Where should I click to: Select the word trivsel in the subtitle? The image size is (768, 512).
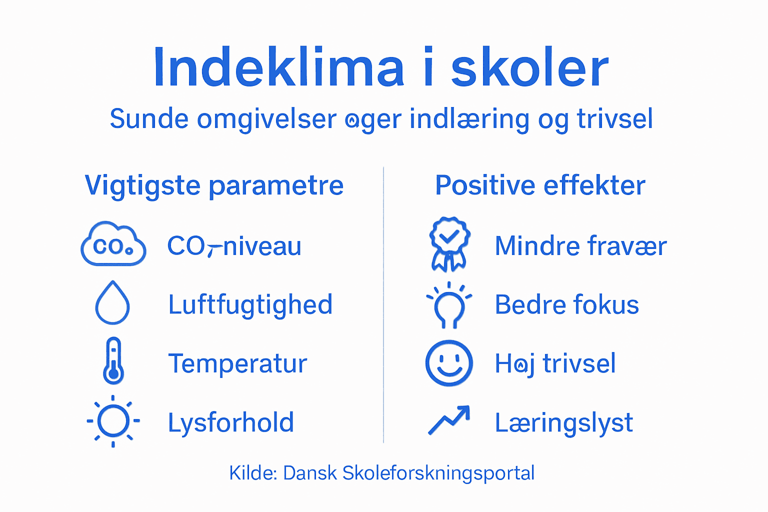tap(614, 119)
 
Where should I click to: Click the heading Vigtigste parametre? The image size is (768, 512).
tap(214, 185)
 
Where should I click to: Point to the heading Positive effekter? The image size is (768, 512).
tap(540, 185)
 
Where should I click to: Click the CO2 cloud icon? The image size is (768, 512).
tap(113, 244)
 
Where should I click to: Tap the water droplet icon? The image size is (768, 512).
tap(112, 303)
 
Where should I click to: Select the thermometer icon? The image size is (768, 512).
tap(113, 361)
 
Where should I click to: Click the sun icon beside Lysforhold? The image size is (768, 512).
tap(113, 421)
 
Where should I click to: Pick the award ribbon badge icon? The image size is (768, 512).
tap(449, 244)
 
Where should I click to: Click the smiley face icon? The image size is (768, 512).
tap(449, 363)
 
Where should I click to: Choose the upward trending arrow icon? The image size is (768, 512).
tap(449, 420)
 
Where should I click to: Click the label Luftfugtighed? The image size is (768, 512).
tap(250, 304)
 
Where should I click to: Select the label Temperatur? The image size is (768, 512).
tap(237, 363)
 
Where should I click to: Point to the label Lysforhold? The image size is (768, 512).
tap(230, 422)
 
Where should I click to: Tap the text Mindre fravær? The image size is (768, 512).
tap(580, 246)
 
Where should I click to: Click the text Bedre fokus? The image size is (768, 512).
tap(566, 304)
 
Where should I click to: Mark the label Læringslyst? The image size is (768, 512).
tap(563, 423)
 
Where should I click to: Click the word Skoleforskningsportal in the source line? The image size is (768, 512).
tap(438, 473)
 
